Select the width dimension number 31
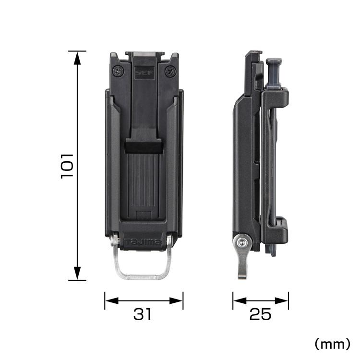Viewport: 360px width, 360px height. coord(143,314)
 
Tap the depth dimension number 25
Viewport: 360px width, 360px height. coord(260,314)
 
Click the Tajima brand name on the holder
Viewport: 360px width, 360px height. coord(143,241)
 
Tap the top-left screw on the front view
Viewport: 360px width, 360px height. coord(118,72)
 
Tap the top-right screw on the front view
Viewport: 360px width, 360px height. coord(168,72)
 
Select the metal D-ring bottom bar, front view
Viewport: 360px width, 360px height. coord(143,276)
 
